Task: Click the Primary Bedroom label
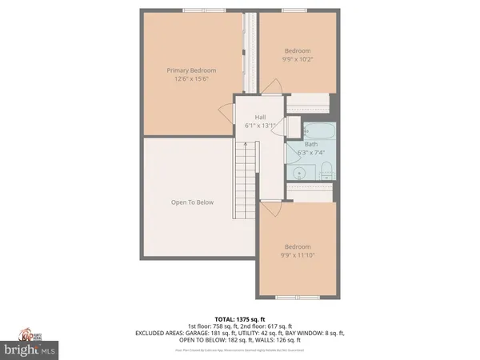[192, 70]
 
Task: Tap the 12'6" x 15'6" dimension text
[192, 78]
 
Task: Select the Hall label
[260, 117]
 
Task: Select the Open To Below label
[192, 202]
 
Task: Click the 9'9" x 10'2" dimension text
[298, 58]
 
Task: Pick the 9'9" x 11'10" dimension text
[298, 255]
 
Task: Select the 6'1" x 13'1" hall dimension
[260, 126]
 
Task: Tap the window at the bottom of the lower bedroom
[293, 298]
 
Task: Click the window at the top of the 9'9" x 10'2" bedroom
[293, 10]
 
